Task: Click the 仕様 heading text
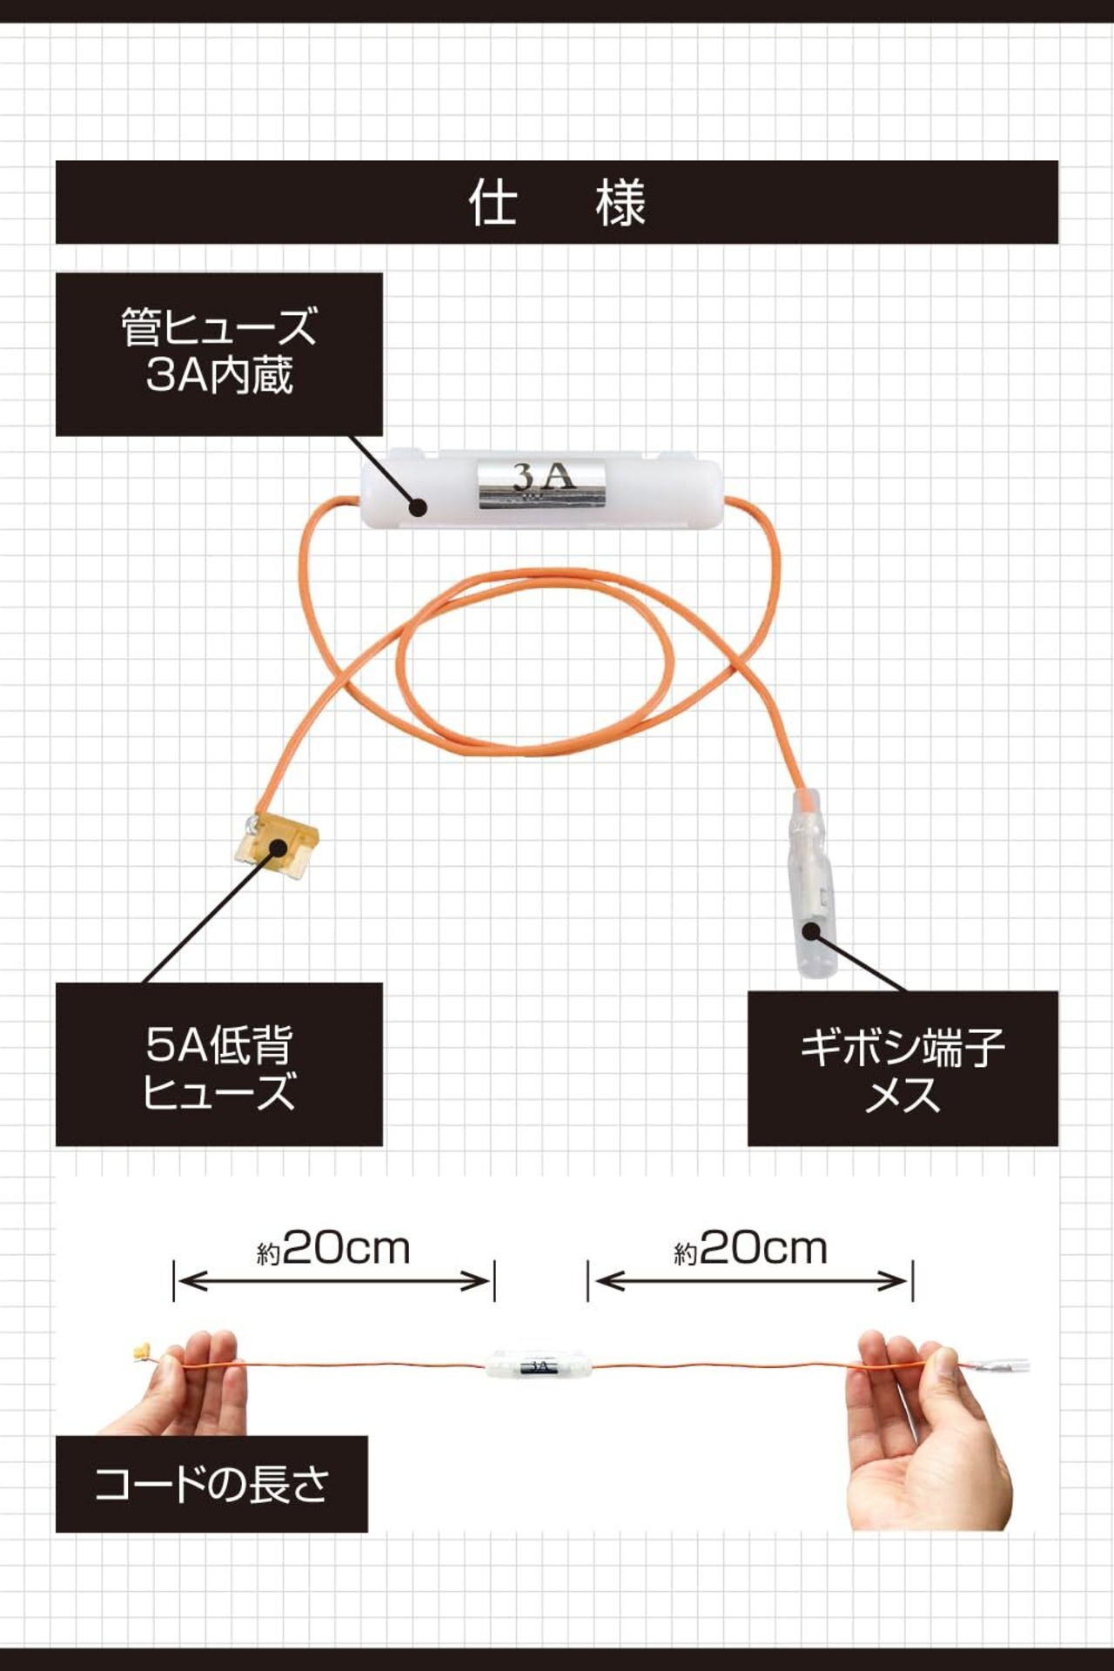[557, 202]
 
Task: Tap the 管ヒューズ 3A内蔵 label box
[218, 353]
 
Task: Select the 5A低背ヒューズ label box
[218, 1064]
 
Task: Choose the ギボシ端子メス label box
[903, 1069]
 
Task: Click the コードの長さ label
[211, 1483]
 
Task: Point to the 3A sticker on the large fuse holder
[542, 482]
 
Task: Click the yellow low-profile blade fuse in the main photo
[277, 846]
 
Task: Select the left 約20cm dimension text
[334, 1250]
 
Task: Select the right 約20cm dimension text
[750, 1250]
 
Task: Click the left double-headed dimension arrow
[334, 1281]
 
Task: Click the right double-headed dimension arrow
[750, 1281]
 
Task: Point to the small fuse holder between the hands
[538, 1365]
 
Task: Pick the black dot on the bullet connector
[812, 930]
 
